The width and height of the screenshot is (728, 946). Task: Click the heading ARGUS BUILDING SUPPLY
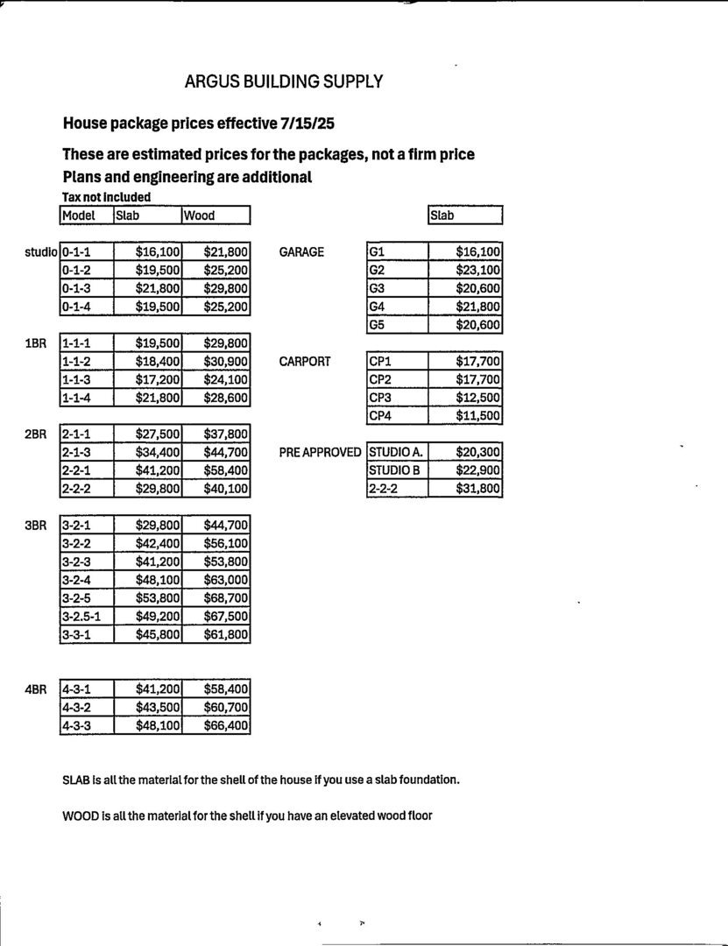point(283,81)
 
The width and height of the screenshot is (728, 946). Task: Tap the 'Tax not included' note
point(106,197)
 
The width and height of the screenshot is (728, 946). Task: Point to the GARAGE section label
point(300,252)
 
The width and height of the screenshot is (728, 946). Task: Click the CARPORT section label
point(304,361)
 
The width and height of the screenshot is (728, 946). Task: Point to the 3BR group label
point(35,526)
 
